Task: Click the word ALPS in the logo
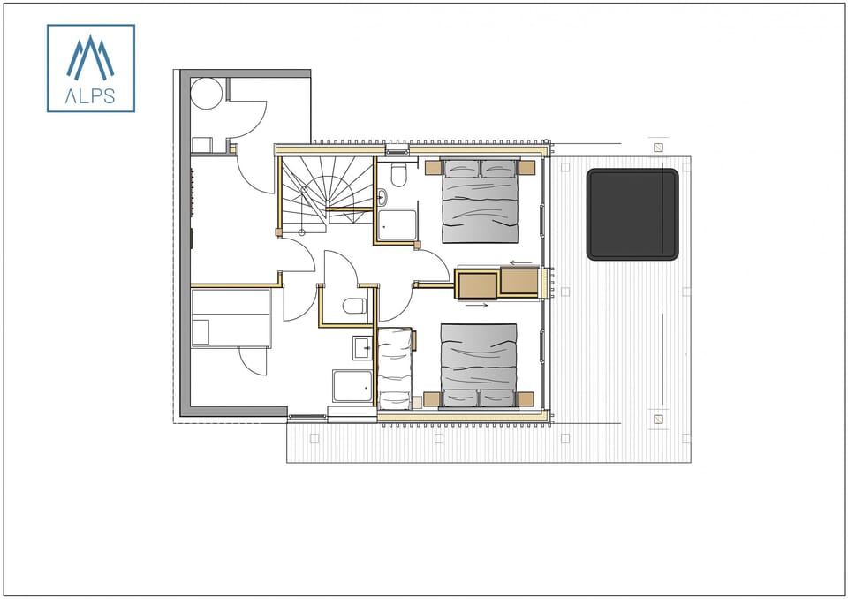(90, 95)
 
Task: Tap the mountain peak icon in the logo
(90, 58)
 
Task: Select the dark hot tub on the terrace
(632, 214)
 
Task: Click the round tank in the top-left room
(207, 93)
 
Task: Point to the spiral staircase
(327, 189)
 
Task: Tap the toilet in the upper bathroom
(398, 176)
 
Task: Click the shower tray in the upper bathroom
(398, 225)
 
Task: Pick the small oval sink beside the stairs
(382, 198)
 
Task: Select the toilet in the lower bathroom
(355, 307)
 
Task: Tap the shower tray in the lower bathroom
(352, 386)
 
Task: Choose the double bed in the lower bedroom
(478, 364)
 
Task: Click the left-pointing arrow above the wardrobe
(521, 262)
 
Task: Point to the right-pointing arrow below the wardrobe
(476, 306)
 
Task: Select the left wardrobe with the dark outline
(477, 284)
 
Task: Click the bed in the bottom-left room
(231, 319)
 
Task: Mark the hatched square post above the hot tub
(658, 147)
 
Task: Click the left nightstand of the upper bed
(433, 168)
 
